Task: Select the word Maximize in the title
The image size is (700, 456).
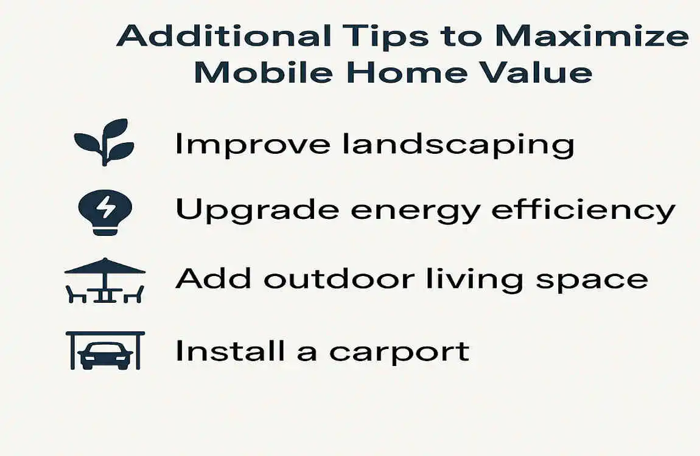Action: (590, 37)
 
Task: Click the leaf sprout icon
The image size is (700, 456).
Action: (103, 142)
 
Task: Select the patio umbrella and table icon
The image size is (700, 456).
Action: (105, 280)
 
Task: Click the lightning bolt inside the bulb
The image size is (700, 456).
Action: (105, 207)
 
